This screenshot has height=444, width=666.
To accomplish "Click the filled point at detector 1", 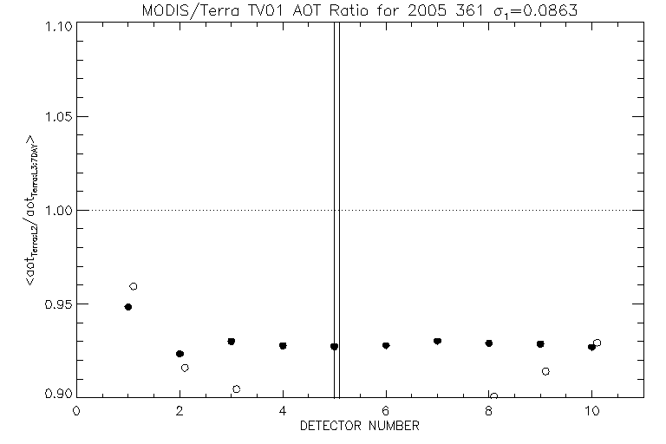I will (128, 307).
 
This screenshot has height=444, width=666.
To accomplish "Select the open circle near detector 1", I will (134, 286).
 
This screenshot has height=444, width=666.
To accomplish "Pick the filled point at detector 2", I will (180, 354).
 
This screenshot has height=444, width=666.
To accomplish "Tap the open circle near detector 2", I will (185, 368).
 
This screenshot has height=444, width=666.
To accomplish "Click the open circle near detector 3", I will (236, 388).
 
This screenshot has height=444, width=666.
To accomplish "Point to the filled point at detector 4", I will (283, 346).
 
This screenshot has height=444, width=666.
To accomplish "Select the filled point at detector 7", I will (437, 342).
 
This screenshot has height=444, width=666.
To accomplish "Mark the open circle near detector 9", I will (545, 371).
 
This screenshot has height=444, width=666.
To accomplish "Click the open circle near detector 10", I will (597, 343).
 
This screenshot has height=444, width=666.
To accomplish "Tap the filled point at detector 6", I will (386, 345).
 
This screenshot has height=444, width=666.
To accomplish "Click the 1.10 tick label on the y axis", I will (53, 25).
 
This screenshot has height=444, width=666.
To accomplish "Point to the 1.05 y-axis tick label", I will (53, 117).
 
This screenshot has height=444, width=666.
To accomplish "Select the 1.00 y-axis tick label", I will (53, 211).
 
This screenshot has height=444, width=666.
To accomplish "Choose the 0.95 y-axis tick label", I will (53, 304).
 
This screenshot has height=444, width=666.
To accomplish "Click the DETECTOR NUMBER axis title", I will (360, 426).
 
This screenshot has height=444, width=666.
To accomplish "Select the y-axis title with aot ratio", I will (29, 210).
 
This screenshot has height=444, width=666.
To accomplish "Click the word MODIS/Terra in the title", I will (180, 10).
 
